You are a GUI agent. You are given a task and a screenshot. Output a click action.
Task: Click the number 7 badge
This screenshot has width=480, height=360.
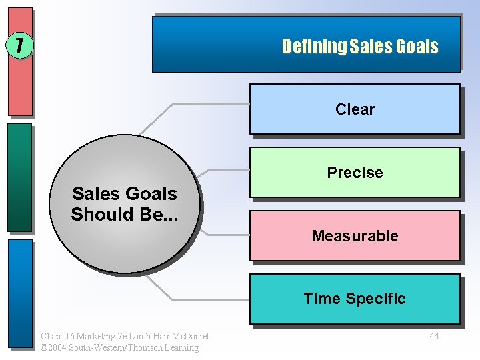click(19, 46)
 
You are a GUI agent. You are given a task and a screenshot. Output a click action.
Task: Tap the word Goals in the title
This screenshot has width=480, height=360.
click(417, 47)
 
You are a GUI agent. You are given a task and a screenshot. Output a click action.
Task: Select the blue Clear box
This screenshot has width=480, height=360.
click(355, 109)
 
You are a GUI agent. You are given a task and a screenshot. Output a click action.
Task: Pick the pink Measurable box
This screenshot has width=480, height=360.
click(355, 235)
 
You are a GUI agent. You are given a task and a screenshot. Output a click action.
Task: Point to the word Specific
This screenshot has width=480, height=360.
click(379, 299)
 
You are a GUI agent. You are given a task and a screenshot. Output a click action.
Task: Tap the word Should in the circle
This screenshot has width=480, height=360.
click(99, 215)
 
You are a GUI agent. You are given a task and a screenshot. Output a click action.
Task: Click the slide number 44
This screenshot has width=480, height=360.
click(434, 336)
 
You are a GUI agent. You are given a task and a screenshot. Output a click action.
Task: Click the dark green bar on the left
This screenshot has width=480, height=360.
click(20, 177)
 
